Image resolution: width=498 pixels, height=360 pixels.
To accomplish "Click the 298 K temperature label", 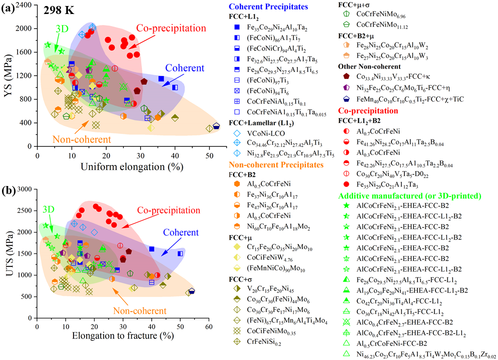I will coord(59,10).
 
